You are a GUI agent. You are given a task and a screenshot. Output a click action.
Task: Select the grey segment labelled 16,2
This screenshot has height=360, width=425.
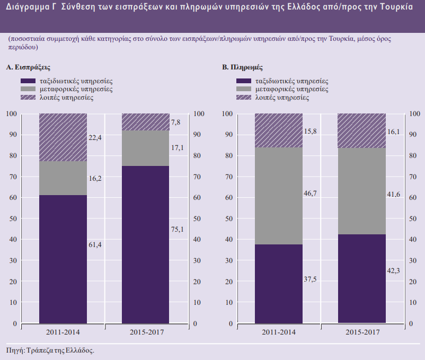click(x=63, y=178)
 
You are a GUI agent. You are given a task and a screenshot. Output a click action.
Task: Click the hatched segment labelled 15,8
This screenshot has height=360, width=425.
click(x=279, y=130)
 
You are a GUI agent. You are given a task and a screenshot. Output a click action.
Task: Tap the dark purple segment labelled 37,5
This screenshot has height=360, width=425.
click(x=279, y=284)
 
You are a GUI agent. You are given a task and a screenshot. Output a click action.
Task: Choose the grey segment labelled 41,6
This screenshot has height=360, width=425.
click(x=362, y=191)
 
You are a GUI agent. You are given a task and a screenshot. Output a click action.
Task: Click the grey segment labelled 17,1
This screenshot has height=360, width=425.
click(x=146, y=148)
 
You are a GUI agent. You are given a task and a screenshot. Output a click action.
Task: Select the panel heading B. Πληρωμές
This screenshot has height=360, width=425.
click(x=242, y=68)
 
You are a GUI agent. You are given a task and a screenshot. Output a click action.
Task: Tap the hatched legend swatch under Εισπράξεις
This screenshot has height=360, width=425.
click(x=28, y=98)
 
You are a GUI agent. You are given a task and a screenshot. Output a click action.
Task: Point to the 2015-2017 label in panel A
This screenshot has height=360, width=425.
click(x=146, y=332)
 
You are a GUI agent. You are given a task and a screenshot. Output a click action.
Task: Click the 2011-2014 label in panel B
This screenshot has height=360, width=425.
click(x=279, y=332)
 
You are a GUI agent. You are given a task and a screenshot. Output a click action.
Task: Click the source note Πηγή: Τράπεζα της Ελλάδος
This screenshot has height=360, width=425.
click(x=50, y=350)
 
